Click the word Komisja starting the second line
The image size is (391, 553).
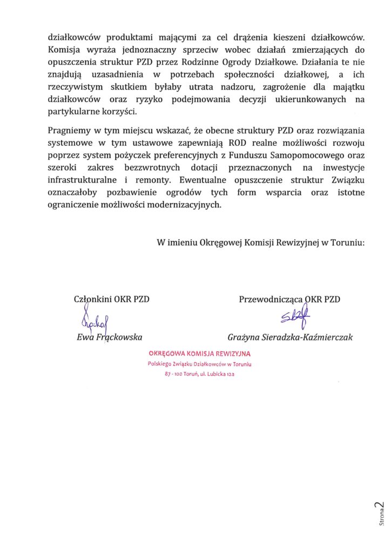pos(63,50)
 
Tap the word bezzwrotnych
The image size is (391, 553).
pos(149,167)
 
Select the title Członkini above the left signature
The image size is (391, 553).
pos(92,299)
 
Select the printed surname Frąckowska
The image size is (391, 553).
pos(118,338)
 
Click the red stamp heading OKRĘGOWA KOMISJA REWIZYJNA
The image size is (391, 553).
pos(200,354)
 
